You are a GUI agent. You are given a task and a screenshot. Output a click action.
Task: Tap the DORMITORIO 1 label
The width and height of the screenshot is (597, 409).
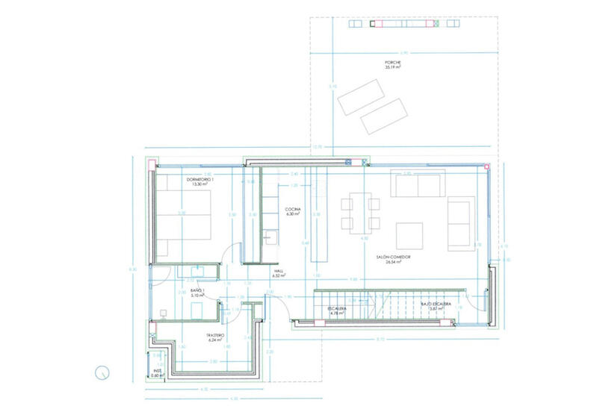point(200,181)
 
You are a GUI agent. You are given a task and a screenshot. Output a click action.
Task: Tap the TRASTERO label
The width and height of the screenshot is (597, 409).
point(216,338)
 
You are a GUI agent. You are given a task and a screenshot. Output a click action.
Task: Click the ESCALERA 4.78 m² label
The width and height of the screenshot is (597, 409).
point(334,310)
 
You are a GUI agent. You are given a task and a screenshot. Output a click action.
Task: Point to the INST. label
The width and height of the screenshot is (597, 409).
point(157,372)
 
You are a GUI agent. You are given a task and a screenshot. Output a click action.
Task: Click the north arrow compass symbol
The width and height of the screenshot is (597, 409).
point(103,371)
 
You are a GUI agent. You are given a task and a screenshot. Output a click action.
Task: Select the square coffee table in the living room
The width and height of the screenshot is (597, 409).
point(409,234)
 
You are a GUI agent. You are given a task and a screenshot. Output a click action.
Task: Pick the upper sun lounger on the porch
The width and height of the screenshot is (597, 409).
point(360,96)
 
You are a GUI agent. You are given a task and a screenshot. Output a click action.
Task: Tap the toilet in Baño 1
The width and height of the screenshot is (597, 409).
point(164,313)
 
